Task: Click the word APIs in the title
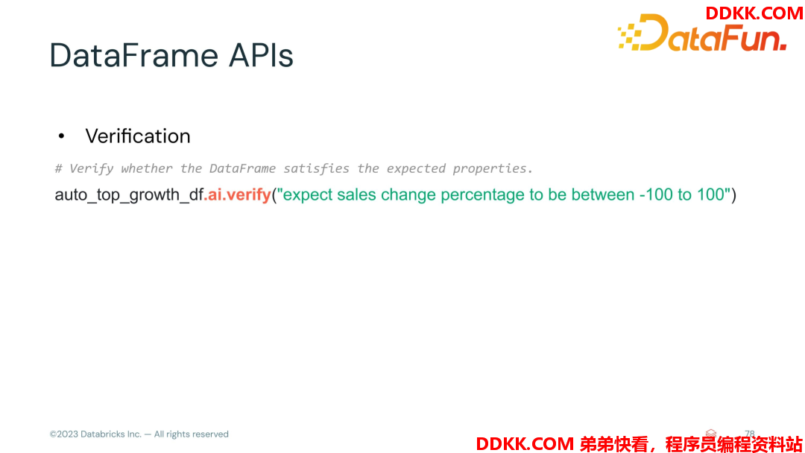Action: (261, 55)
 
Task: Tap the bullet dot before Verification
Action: (62, 136)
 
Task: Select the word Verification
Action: (138, 136)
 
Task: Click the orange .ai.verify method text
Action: (237, 194)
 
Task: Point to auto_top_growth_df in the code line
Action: (130, 195)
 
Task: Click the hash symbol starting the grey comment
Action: (59, 168)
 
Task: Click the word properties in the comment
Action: (493, 169)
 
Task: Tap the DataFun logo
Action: (702, 33)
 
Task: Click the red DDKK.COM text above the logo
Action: (754, 13)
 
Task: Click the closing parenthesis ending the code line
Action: (733, 195)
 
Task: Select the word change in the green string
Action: (408, 195)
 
